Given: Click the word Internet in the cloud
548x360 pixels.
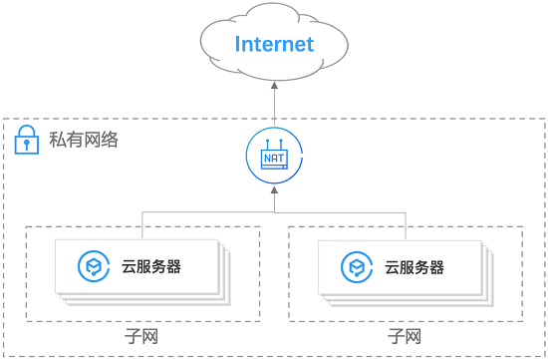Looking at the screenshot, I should point(274,44).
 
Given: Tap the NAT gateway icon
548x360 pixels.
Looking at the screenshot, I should point(274,157).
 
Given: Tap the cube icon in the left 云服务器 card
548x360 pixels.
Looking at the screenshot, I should point(93,266).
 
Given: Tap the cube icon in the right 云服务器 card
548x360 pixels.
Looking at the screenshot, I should point(356,266).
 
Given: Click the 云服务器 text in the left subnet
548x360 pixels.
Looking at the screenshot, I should point(150,266).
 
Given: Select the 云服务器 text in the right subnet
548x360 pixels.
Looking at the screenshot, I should point(413,266).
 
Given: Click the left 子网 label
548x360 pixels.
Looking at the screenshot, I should point(141,336).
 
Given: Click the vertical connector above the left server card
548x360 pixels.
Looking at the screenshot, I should point(141,225).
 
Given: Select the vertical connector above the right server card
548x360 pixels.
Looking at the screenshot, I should point(407,225).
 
